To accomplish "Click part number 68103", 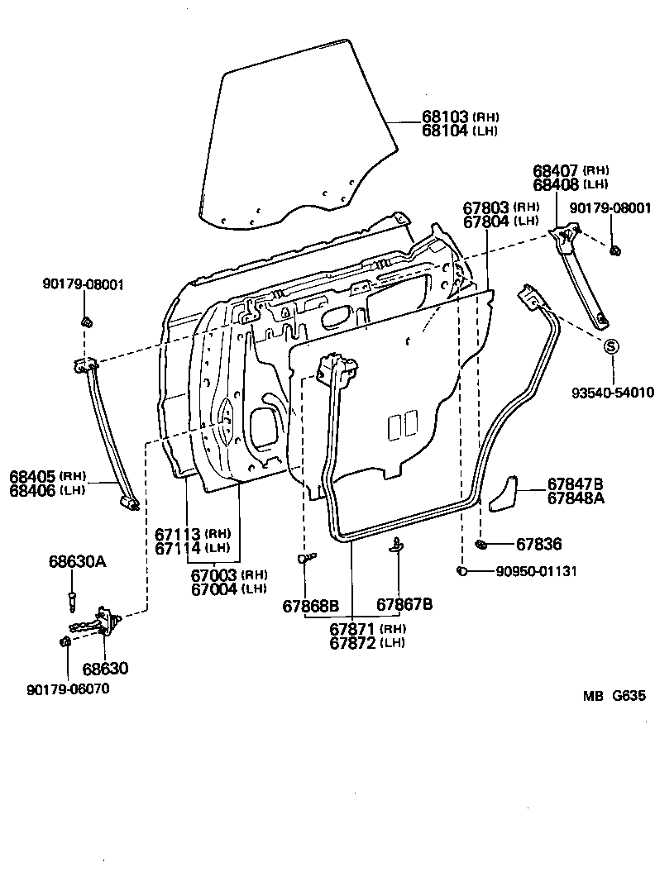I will click(445, 117).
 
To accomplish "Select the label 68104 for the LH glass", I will click(445, 131).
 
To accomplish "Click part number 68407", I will click(556, 170).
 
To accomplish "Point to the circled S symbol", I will click(610, 346).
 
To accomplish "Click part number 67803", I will click(486, 208).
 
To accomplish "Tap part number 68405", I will click(32, 477).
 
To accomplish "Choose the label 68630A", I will click(77, 562).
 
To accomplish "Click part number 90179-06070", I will click(68, 689).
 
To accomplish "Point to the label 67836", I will click(539, 544).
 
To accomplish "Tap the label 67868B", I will click(311, 605).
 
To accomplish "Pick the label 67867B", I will click(405, 605).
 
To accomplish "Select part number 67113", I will click(178, 534).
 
